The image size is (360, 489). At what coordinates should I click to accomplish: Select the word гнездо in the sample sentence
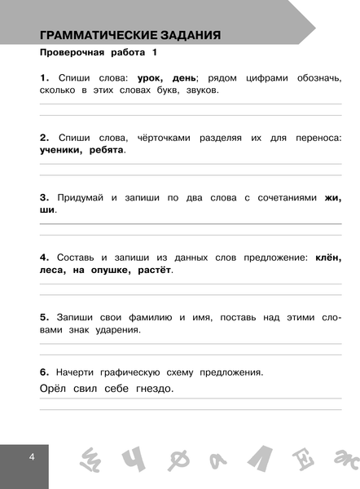(151, 389)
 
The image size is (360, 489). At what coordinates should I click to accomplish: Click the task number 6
(44, 372)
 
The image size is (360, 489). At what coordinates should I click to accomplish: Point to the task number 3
(44, 197)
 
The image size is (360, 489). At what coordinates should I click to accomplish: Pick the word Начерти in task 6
(77, 372)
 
